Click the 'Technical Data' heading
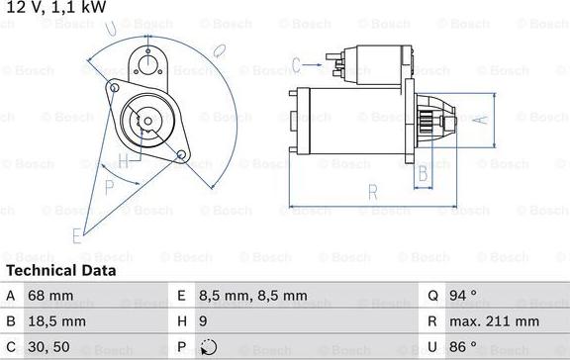point(60,270)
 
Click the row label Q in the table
point(432,296)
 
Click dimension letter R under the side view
point(373,192)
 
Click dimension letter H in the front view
point(123,160)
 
